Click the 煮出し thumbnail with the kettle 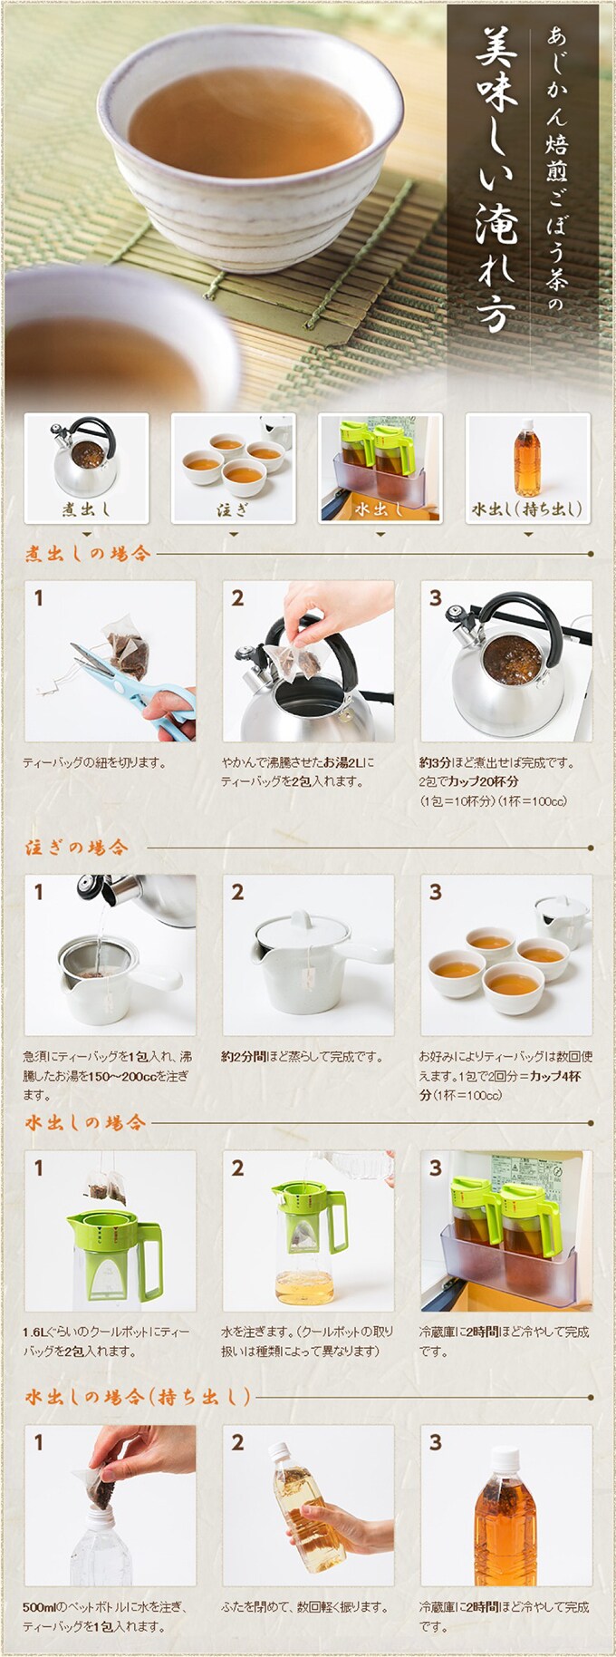[86, 468]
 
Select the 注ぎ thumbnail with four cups [233, 468]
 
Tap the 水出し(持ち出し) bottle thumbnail [527, 468]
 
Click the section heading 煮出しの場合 [88, 553]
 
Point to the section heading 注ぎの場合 [77, 848]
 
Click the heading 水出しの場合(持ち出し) [138, 1397]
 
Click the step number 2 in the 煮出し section [237, 598]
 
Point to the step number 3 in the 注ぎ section [436, 892]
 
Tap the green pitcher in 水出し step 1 [113, 1255]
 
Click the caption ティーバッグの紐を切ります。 [95, 762]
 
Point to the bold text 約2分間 [244, 1057]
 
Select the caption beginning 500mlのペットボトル [105, 1617]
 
